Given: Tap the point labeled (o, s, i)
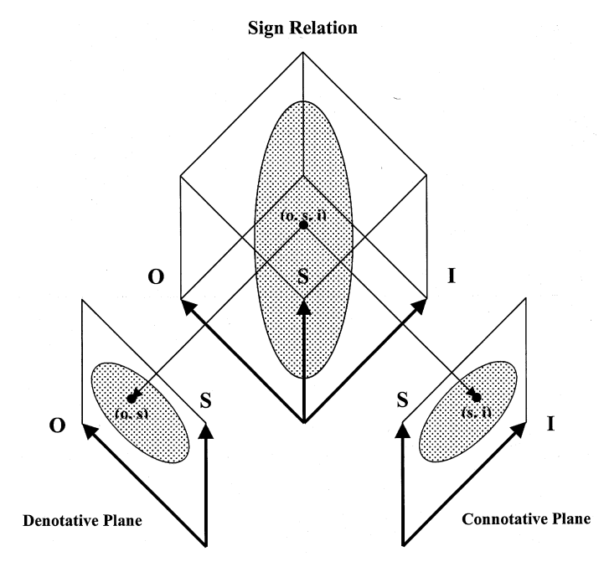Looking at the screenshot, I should tap(303, 224).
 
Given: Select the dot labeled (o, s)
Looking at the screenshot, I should tap(131, 399).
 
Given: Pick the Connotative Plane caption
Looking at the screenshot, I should tap(525, 519).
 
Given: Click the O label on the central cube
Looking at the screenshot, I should tap(155, 275).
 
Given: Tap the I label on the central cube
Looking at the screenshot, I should tap(451, 275).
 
